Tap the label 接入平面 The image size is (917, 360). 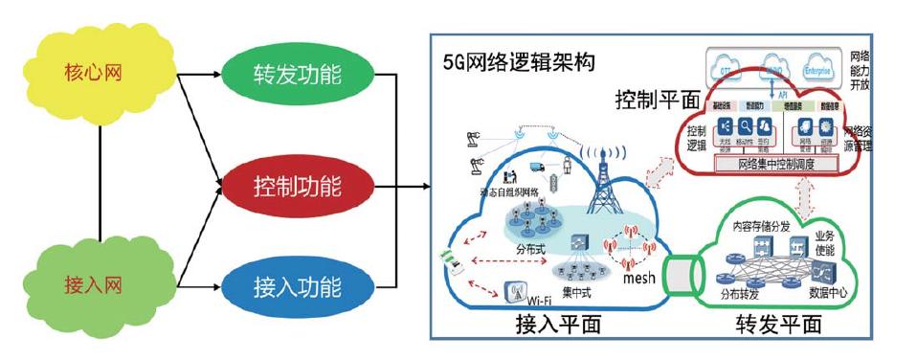tap(557, 325)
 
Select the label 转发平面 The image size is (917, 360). tap(778, 325)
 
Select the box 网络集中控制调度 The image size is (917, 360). tap(776, 165)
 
